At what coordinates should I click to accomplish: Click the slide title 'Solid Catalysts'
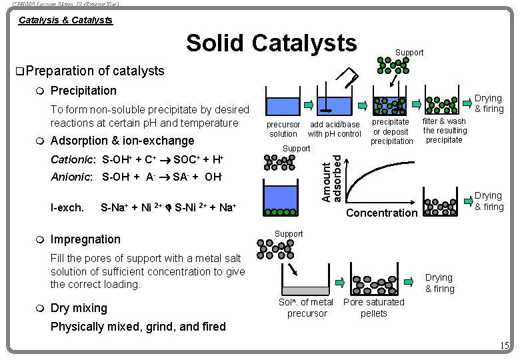tap(271, 43)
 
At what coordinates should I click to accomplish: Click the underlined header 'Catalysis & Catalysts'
tap(65, 20)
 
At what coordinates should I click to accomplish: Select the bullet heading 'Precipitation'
tap(83, 90)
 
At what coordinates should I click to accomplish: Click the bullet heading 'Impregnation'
tap(85, 239)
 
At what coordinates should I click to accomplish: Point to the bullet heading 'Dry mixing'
tap(79, 308)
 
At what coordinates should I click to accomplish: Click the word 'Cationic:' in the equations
tap(73, 159)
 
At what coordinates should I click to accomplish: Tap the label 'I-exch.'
tap(67, 207)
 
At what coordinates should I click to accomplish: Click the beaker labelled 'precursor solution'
tap(283, 106)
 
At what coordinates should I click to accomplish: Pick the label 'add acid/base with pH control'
tap(334, 129)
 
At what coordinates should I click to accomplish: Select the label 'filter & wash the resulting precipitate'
tap(445, 131)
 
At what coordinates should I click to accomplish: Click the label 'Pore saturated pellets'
tap(373, 307)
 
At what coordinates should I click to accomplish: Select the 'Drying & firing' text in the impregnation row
tap(439, 283)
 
